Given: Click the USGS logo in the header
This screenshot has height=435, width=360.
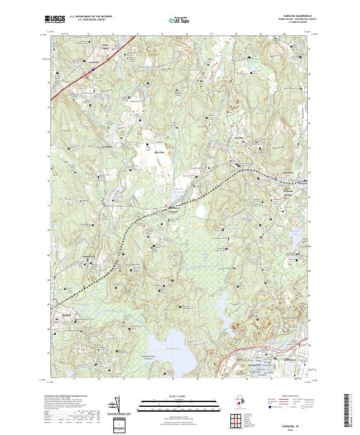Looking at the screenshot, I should click(x=55, y=20).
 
